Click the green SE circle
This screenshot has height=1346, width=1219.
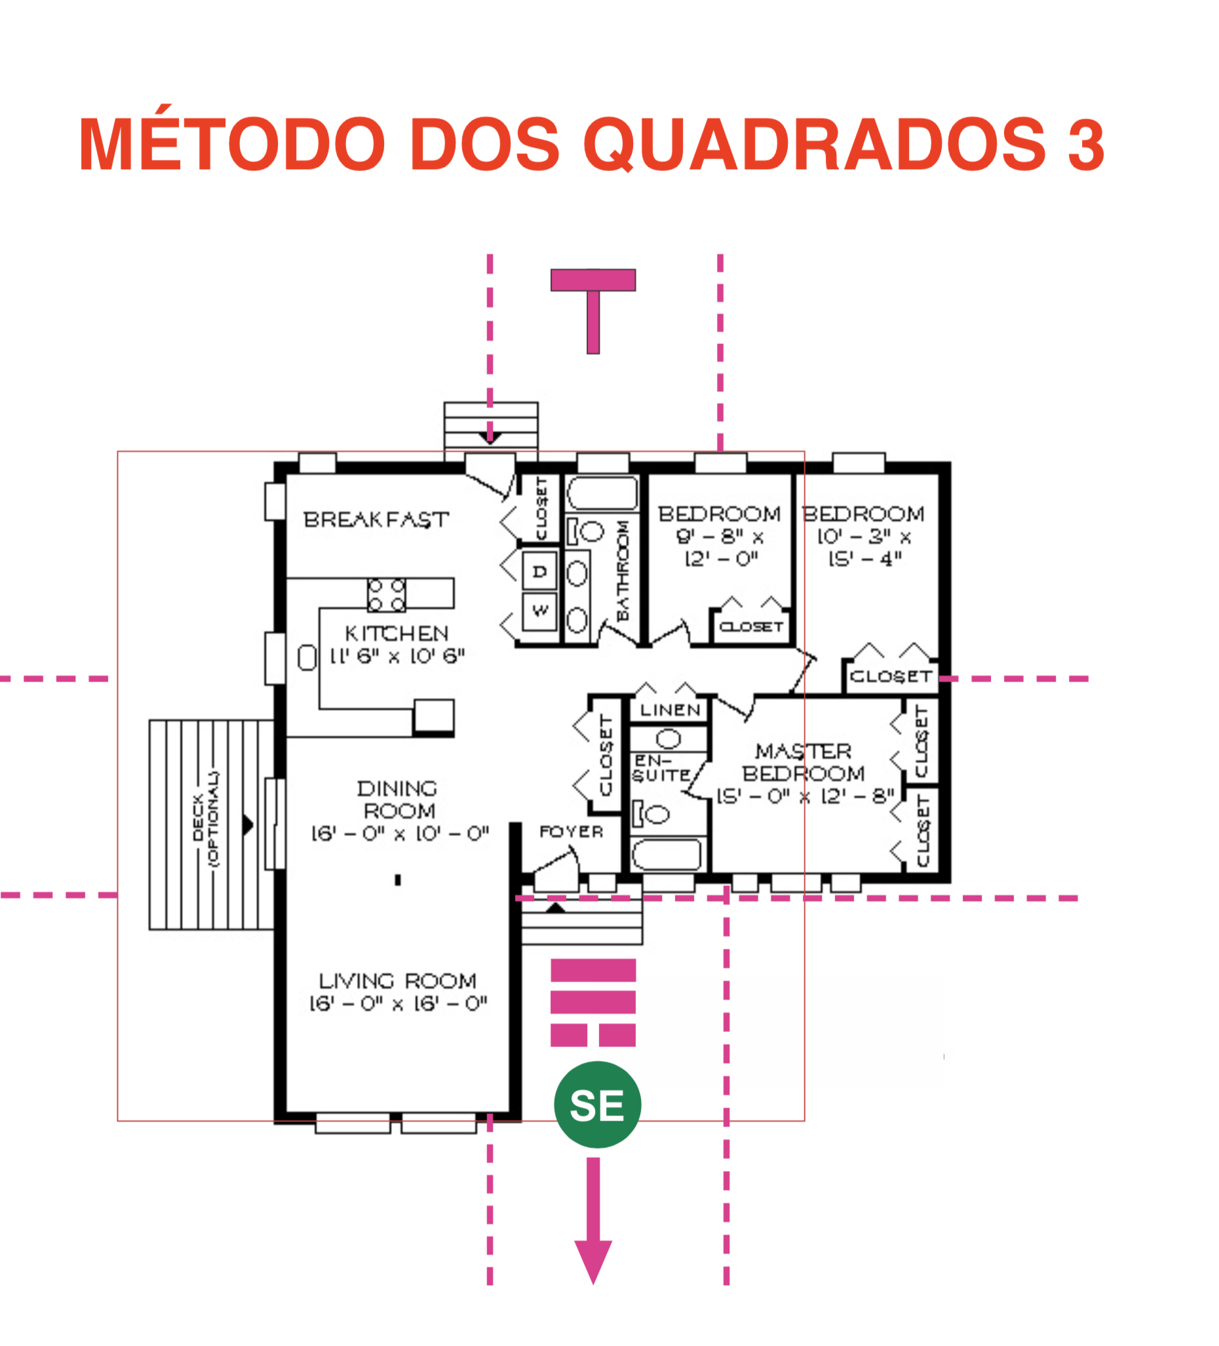(597, 1105)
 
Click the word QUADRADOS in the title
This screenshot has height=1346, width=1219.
(815, 144)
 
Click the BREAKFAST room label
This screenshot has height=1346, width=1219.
(376, 520)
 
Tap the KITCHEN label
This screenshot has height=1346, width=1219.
(397, 633)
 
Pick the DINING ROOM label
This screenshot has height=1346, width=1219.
(398, 800)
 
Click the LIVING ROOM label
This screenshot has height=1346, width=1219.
(398, 981)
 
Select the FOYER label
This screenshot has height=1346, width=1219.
(571, 832)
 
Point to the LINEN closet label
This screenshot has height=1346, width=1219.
(670, 710)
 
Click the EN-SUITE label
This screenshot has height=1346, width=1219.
(661, 769)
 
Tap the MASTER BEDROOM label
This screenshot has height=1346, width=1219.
(803, 763)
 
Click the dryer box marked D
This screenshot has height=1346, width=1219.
(539, 571)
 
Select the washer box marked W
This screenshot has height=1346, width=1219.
(539, 610)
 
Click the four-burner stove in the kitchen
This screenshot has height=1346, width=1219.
(387, 595)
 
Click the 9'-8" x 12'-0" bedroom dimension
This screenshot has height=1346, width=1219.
(720, 547)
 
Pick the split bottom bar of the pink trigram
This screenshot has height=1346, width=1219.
(593, 1035)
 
